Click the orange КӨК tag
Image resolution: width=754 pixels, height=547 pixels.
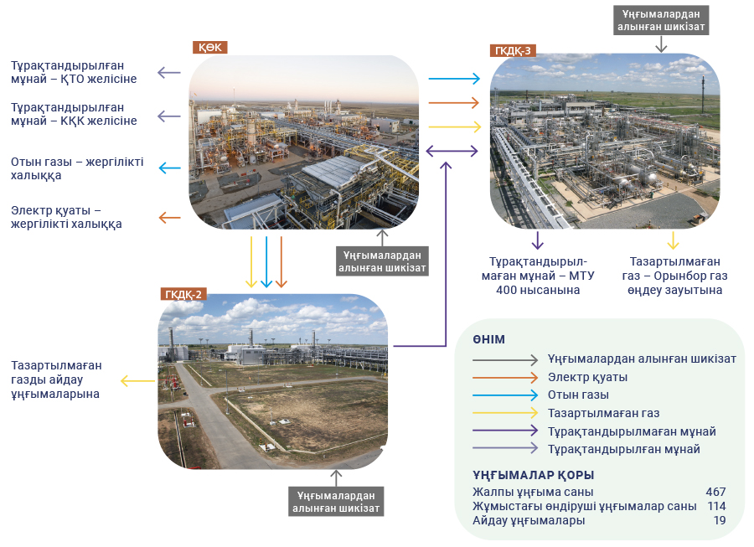[210, 47]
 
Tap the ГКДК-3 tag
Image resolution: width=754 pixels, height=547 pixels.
[513, 50]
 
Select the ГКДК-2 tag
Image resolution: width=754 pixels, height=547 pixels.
[183, 294]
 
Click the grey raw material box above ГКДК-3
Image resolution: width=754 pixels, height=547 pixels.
[661, 20]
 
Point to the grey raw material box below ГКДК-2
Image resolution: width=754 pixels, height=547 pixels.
[336, 502]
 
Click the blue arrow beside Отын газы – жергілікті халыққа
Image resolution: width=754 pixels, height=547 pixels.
[169, 168]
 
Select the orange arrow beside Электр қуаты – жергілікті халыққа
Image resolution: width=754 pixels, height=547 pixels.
[169, 218]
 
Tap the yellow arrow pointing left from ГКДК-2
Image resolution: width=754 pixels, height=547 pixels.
[137, 381]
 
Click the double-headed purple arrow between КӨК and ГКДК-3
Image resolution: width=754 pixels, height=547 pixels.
[452, 152]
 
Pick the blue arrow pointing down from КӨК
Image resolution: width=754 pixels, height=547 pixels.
[266, 262]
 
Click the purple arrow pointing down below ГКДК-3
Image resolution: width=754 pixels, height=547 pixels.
[538, 240]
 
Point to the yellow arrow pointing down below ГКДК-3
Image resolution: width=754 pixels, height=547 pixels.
[674, 240]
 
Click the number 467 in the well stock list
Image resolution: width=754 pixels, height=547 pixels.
[715, 492]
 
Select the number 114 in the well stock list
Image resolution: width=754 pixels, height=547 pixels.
[716, 506]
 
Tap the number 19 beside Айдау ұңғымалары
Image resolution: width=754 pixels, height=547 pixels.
[720, 520]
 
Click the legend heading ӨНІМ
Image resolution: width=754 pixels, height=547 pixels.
[488, 339]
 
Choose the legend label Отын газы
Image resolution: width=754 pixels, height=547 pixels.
[578, 395]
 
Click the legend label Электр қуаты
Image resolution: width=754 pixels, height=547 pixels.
[587, 377]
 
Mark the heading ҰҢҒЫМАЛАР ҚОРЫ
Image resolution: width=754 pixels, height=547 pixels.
[534, 475]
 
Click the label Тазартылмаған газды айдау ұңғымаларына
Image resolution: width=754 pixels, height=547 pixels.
[56, 379]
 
